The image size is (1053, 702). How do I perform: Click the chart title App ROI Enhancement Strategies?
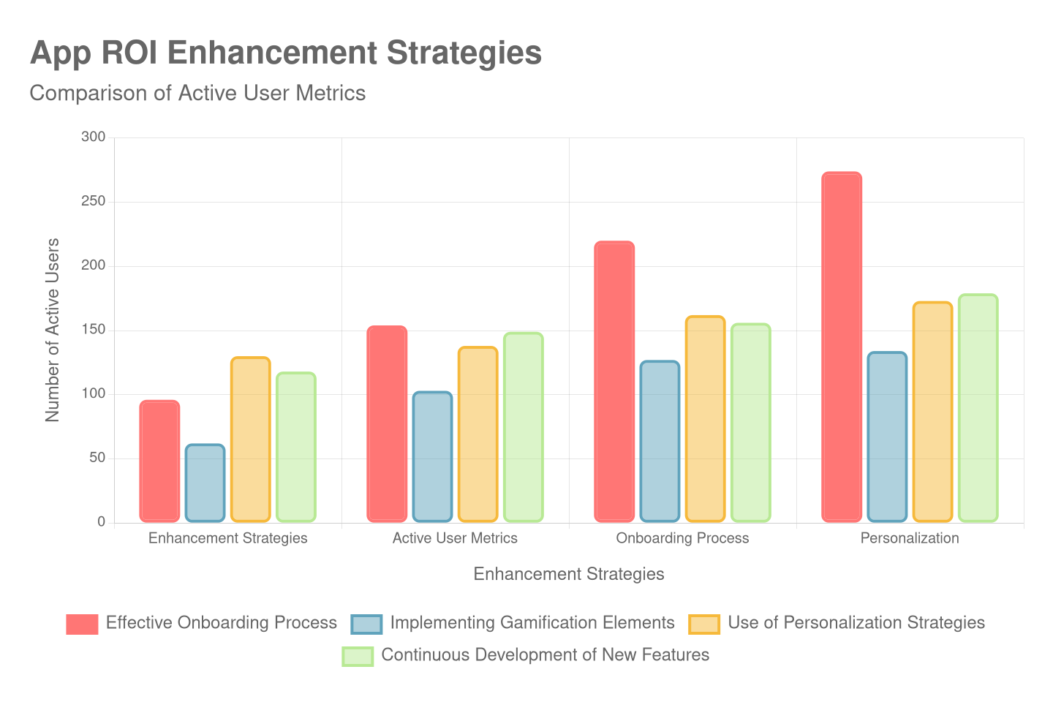coord(286,53)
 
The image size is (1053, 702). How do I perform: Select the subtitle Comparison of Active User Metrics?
coord(197,94)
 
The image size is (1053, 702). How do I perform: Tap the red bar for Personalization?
coord(842,347)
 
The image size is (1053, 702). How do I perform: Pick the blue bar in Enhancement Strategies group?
coord(205,483)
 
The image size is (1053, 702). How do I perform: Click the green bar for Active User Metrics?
coord(523,427)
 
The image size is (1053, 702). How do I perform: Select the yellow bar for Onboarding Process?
coord(705,418)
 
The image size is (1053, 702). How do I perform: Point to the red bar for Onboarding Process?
coord(614,382)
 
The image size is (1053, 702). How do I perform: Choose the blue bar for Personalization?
coord(887,437)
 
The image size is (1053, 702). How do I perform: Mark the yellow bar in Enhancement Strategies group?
coord(250,439)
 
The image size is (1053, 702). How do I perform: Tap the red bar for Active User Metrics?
coord(387,424)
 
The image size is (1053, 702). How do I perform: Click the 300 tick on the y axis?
coord(94,137)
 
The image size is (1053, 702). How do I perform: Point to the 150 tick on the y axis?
coord(94,329)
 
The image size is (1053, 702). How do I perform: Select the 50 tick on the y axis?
coord(97,458)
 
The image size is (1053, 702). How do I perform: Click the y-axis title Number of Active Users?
coord(52,330)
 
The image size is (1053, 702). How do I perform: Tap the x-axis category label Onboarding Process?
coord(682,538)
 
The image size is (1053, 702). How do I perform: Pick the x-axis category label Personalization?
coord(910,538)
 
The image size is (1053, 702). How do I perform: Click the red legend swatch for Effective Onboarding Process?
coord(82,624)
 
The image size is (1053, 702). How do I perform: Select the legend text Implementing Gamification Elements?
coord(532,623)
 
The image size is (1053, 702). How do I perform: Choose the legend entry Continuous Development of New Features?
coord(545,655)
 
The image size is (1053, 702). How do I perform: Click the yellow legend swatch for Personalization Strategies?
coord(704,624)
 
